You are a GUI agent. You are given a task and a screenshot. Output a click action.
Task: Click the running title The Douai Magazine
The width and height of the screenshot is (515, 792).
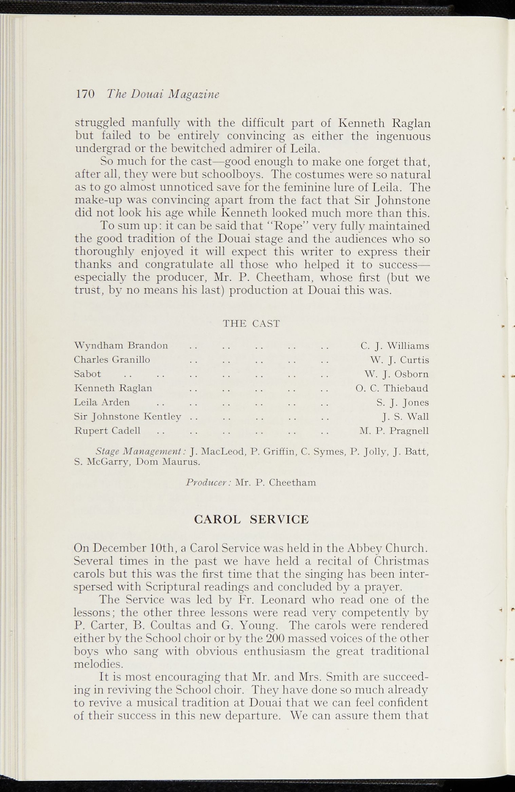(x=163, y=94)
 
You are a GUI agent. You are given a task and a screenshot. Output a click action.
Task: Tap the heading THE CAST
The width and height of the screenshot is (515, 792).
(x=251, y=323)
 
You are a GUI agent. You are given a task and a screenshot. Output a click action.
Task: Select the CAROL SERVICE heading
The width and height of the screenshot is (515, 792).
(x=251, y=519)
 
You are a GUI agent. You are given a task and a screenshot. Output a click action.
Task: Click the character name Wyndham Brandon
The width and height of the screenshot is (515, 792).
(x=121, y=345)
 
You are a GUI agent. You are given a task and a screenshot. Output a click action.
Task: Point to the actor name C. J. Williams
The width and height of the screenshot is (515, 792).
(x=394, y=345)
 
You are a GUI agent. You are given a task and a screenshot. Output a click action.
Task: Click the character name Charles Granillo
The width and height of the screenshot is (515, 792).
(x=112, y=360)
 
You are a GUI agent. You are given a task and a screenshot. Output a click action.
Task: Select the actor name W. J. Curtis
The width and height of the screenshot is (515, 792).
(x=399, y=360)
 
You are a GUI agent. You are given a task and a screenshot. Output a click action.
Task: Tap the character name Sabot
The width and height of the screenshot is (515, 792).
(x=87, y=374)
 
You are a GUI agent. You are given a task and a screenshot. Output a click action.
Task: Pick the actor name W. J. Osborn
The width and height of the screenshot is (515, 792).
(x=397, y=374)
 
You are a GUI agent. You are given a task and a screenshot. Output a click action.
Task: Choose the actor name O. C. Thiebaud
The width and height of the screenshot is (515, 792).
(x=392, y=388)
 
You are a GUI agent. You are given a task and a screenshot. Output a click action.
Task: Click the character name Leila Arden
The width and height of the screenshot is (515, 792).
(x=102, y=402)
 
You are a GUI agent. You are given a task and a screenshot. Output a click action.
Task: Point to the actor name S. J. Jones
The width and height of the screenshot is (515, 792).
(x=402, y=403)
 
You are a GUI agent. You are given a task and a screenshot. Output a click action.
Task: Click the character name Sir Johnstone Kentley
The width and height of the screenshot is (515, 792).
(x=128, y=416)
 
